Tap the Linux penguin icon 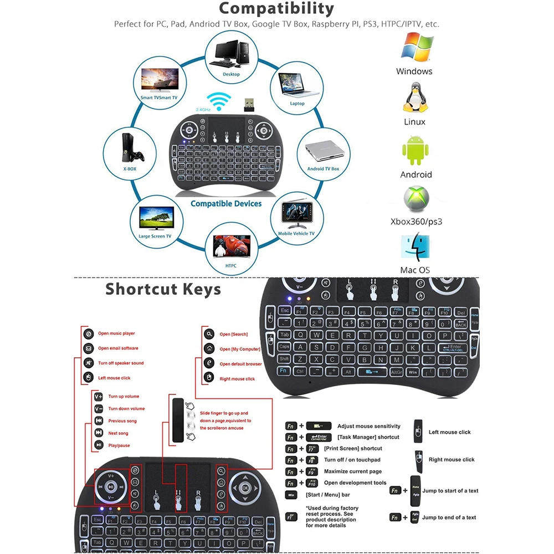point(415,99)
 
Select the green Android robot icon point(416,151)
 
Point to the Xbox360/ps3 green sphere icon point(416,199)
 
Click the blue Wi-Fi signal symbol point(223,102)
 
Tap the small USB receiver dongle point(248,104)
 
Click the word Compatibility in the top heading point(276,9)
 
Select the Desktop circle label point(231,74)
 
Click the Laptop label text point(297,104)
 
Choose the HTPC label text point(231,266)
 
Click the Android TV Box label point(323,168)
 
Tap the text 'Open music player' point(116,334)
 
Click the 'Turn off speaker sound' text point(121,363)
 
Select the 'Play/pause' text point(119,445)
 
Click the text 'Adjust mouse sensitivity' point(369,426)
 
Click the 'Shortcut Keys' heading point(163,289)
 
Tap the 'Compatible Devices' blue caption point(226,204)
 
